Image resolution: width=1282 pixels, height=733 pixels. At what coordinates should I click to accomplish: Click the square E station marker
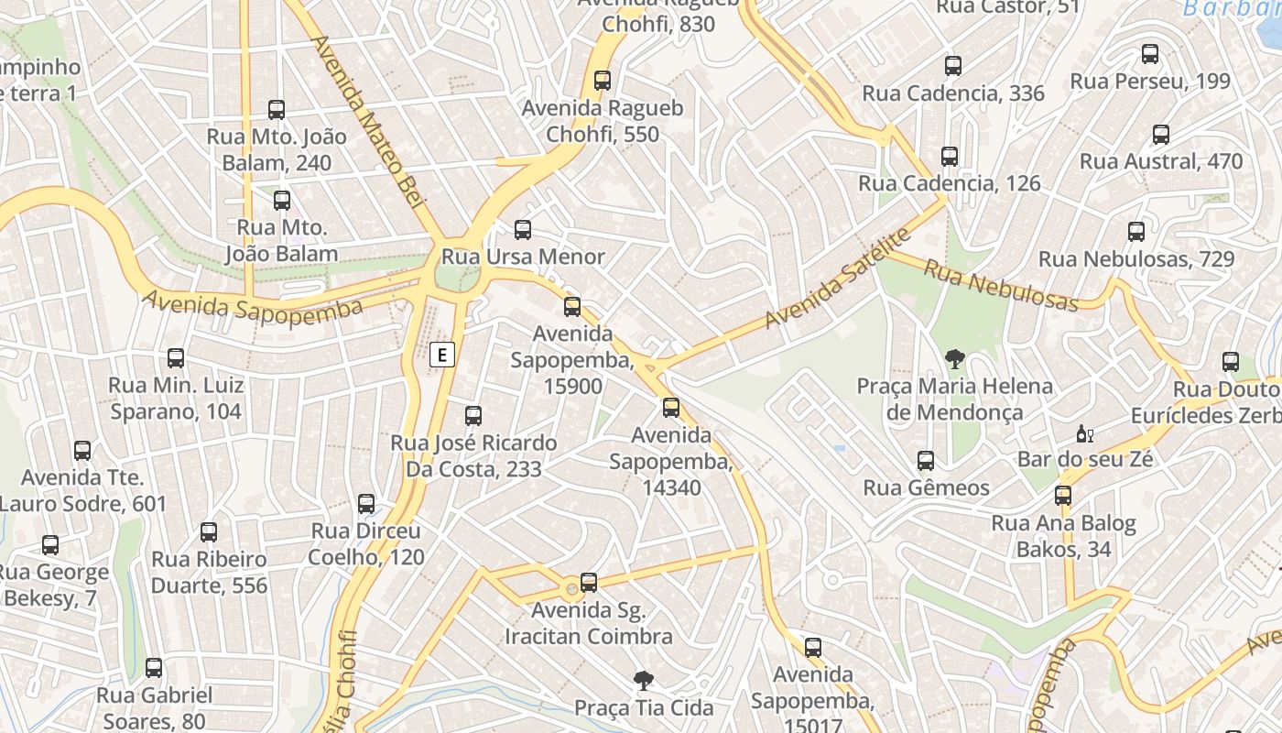coord(442,354)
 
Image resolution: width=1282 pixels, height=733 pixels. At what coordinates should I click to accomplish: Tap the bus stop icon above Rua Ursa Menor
coord(523,230)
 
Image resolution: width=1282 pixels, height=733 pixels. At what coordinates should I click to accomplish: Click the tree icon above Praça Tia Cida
coord(644,680)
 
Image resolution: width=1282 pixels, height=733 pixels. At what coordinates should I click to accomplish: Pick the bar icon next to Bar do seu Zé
coord(1084,433)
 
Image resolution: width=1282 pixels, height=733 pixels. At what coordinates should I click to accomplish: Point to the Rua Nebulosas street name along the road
coord(1001,284)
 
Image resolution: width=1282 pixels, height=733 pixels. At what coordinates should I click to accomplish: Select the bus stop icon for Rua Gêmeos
coord(926,460)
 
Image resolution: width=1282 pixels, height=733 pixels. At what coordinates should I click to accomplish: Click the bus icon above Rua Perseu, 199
coord(1150,54)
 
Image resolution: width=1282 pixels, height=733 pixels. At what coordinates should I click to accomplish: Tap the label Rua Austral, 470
coord(1161,161)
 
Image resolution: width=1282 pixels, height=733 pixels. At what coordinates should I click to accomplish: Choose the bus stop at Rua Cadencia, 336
coord(953,66)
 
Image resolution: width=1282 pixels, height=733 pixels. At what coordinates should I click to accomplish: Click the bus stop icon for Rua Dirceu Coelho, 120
coord(366,504)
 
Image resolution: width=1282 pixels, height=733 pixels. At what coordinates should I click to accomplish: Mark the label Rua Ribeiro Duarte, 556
coord(209,572)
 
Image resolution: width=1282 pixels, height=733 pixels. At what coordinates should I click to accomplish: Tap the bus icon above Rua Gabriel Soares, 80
coord(154,668)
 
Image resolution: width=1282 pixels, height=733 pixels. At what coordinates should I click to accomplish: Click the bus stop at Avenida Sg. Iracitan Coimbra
coord(589,583)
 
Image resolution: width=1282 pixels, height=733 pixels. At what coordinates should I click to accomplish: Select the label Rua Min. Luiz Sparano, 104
coord(176,398)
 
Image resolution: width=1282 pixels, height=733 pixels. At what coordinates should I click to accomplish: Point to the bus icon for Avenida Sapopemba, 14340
coord(671,408)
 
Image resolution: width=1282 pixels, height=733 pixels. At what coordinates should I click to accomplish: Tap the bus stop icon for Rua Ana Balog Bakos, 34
coord(1063,496)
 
